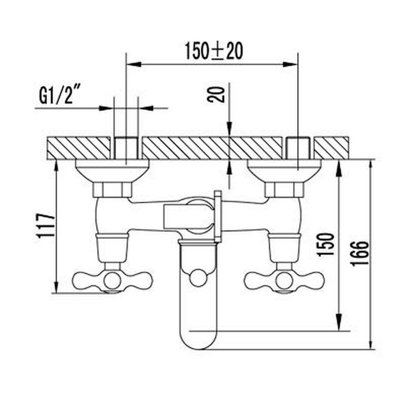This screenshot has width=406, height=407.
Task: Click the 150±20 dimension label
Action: pyautogui.click(x=214, y=52)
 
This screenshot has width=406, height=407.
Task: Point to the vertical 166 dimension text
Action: pyautogui.click(x=359, y=253)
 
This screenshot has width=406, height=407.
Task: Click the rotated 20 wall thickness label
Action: pyautogui.click(x=216, y=95)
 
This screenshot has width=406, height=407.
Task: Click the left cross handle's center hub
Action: pyautogui.click(x=112, y=280)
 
